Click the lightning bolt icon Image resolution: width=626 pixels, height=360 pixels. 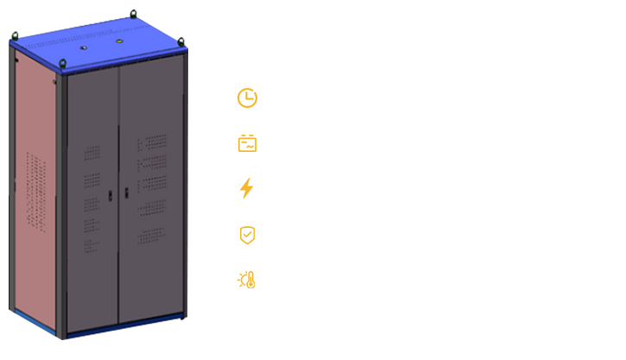click(247, 188)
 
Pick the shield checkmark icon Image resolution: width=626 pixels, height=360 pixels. click(247, 234)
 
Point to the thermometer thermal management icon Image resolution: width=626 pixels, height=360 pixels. click(246, 280)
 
